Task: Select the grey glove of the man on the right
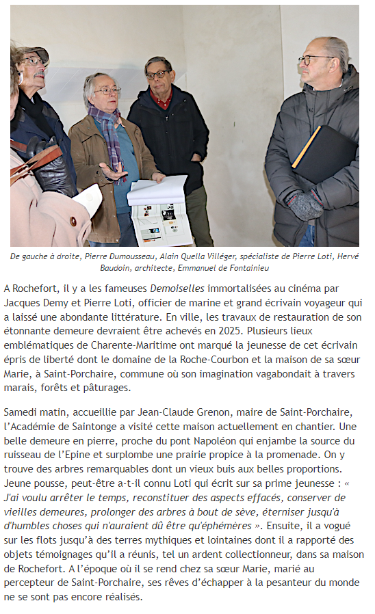pos(305,204)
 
